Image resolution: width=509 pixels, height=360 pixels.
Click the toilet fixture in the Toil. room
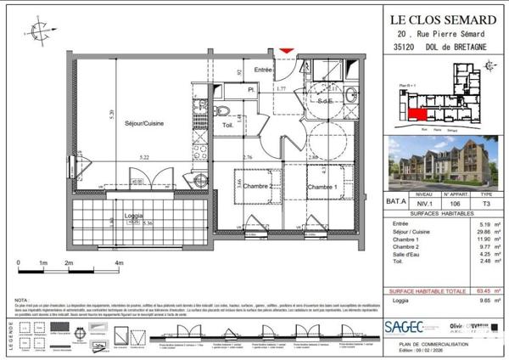pos(219,111)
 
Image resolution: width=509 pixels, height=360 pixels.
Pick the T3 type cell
pos(485,204)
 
